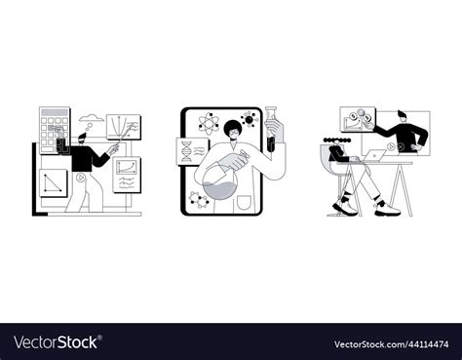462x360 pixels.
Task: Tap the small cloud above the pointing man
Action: tap(90, 121)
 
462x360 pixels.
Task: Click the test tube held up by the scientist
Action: tap(275, 130)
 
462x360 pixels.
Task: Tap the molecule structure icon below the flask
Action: tap(198, 201)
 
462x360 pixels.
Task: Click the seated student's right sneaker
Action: tap(381, 208)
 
